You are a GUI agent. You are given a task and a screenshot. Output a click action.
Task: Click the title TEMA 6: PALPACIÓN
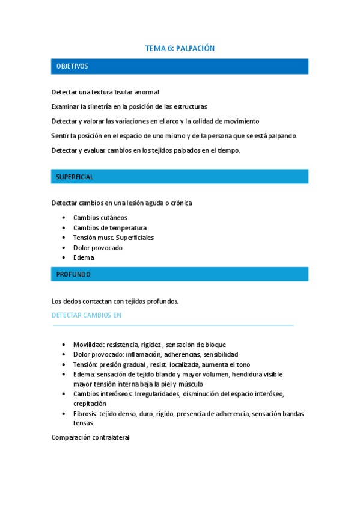[180, 48]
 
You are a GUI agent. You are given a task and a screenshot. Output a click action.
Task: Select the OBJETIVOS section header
[72, 66]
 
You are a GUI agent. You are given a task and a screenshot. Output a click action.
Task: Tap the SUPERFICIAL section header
[75, 177]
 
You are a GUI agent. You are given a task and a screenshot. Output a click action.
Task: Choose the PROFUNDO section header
[73, 274]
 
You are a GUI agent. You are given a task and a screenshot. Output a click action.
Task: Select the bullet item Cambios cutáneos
[100, 218]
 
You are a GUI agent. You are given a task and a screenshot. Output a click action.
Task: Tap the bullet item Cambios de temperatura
[110, 228]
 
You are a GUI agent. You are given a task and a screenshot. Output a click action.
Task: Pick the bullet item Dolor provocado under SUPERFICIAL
[98, 248]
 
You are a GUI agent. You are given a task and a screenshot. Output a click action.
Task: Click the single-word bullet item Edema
[84, 257]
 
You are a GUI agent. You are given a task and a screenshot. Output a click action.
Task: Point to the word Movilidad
[88, 345]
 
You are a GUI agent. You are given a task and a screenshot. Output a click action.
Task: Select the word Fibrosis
[87, 414]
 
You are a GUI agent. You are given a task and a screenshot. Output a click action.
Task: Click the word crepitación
[90, 404]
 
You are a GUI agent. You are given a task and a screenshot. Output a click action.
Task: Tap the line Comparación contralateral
[91, 438]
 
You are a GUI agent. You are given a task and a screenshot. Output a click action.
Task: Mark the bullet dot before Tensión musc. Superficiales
[64, 238]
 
